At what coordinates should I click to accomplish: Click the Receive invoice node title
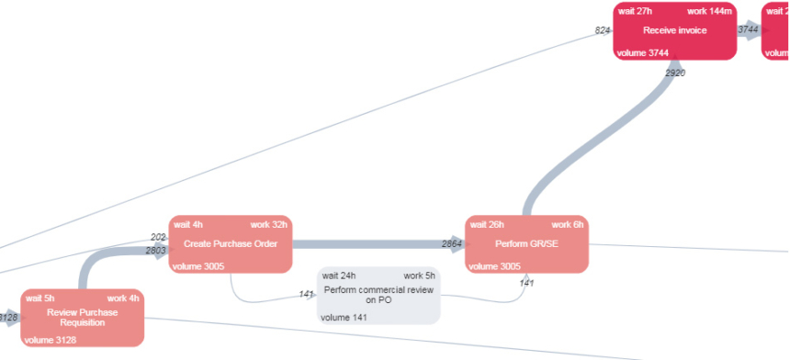click(675, 30)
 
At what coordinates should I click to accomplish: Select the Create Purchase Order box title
click(231, 243)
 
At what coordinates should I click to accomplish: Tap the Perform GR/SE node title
click(526, 243)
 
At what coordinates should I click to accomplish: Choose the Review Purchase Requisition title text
click(83, 317)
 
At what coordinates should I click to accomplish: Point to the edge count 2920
click(675, 72)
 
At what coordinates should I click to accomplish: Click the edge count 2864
click(452, 243)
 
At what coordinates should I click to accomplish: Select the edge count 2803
click(156, 250)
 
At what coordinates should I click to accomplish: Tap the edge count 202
click(159, 237)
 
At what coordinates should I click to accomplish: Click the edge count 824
click(603, 30)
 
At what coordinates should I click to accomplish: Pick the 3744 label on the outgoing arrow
click(748, 30)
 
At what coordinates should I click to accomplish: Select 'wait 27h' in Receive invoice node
click(633, 11)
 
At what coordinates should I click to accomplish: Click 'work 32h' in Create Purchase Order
click(269, 224)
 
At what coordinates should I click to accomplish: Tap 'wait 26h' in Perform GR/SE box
click(486, 224)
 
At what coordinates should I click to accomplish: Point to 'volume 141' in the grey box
click(343, 318)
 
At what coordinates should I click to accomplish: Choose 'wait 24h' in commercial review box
click(339, 276)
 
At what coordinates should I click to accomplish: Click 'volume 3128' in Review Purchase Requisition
click(51, 340)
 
